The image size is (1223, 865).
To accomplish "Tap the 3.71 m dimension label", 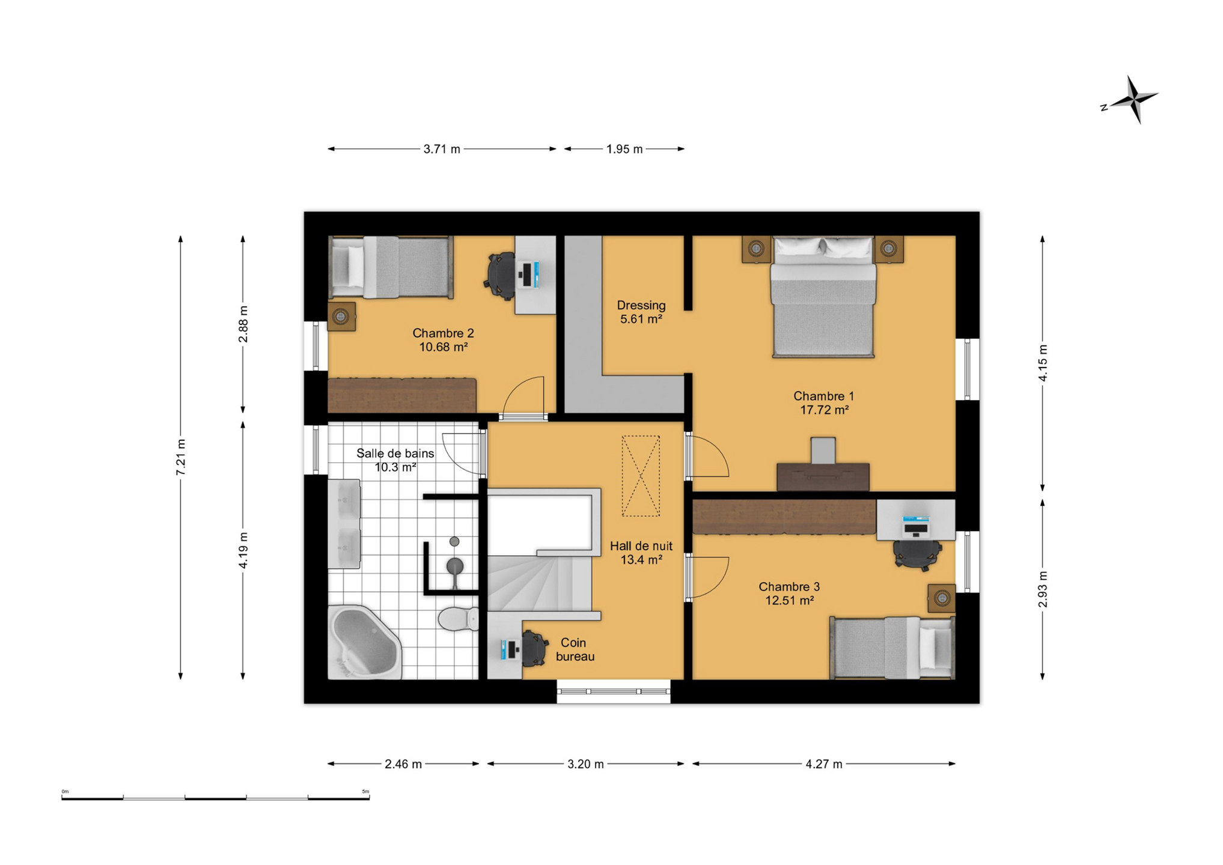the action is (x=442, y=149).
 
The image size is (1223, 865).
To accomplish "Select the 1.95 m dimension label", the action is (x=624, y=149).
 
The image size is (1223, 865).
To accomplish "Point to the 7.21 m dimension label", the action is (x=180, y=458).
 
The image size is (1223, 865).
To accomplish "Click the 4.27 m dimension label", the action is (x=824, y=764).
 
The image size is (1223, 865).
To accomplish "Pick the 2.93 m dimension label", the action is (x=1043, y=589).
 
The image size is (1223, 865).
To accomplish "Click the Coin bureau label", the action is (x=575, y=650).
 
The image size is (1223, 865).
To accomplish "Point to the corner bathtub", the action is (x=364, y=642).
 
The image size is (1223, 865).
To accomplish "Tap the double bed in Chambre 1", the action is (x=823, y=297).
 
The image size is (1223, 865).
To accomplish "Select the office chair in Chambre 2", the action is (x=501, y=275).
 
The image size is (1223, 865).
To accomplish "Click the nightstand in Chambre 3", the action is (x=941, y=598).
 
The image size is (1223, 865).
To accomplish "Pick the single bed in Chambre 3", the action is (x=892, y=648).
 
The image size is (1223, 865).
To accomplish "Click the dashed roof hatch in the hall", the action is (x=641, y=476).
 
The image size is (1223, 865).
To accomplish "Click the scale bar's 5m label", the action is (x=365, y=792).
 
